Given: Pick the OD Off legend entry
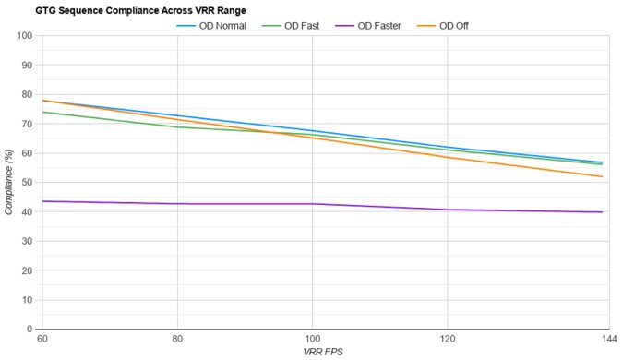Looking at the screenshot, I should [449, 25].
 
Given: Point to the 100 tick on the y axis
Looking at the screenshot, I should [24, 36].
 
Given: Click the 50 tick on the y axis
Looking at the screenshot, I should [27, 182].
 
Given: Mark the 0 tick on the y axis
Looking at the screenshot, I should [30, 329].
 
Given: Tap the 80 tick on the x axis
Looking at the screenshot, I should [177, 340].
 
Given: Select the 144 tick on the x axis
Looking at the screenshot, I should [606, 340].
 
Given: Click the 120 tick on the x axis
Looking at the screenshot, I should [448, 340].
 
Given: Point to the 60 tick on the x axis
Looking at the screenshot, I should [42, 340].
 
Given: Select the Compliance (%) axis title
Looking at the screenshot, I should [8, 182].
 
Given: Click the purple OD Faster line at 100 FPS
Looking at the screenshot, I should [313, 204].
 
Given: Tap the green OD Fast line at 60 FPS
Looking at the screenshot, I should [42, 112].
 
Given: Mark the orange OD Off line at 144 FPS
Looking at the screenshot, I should [602, 176].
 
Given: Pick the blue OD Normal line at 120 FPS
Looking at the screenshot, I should [448, 147].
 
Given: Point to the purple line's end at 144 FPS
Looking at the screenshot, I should [602, 212].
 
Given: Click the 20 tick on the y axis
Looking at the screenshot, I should [27, 270].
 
